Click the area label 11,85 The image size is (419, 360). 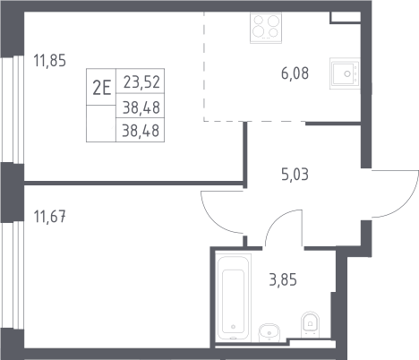coord(49,61)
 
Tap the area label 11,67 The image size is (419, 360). coord(49,217)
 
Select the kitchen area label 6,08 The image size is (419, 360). coord(295,73)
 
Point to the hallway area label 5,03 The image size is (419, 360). coord(295,175)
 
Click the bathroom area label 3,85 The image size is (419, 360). coord(283,280)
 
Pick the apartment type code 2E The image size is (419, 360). coord(101,88)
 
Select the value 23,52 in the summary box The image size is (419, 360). coord(141,82)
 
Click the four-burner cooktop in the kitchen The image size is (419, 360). coord(266,28)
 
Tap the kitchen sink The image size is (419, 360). coord(345,73)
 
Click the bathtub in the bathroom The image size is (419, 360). coord(234,296)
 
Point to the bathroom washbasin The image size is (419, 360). coord(269,332)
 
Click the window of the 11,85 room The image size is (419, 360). coord(12,109)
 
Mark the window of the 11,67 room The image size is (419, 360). coord(12,275)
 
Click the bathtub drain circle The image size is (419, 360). coord(233,327)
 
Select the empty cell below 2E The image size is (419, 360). coord(101,124)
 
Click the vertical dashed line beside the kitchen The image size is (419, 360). coord(204,66)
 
